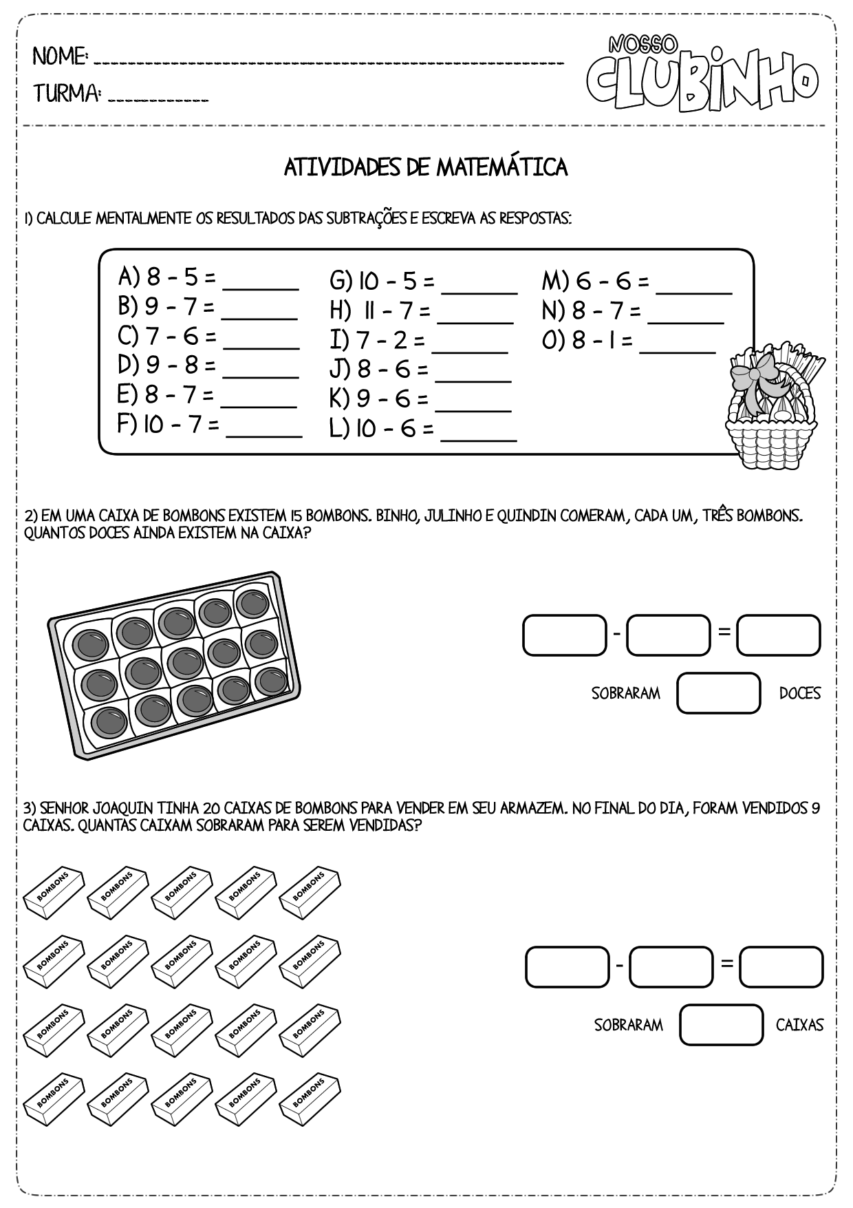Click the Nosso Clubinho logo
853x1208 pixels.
click(702, 74)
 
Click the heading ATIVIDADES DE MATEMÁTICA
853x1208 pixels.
click(426, 167)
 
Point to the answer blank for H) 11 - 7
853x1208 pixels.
click(475, 315)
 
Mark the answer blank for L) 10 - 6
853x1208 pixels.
click(478, 434)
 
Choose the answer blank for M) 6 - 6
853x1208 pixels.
click(694, 286)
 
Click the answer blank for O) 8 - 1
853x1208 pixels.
click(678, 346)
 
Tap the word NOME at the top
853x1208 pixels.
click(60, 56)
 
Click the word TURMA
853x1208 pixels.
click(67, 93)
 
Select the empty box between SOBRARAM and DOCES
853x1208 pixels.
click(719, 693)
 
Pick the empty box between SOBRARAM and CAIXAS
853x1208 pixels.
click(722, 1025)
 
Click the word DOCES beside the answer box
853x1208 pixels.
click(800, 694)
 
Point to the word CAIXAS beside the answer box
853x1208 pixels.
click(799, 1026)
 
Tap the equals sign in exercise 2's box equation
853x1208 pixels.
click(724, 631)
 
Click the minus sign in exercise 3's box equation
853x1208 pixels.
click(619, 966)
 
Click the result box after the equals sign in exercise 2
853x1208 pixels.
click(779, 635)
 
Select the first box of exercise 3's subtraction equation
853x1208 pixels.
click(568, 967)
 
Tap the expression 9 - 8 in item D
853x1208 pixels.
click(172, 365)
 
